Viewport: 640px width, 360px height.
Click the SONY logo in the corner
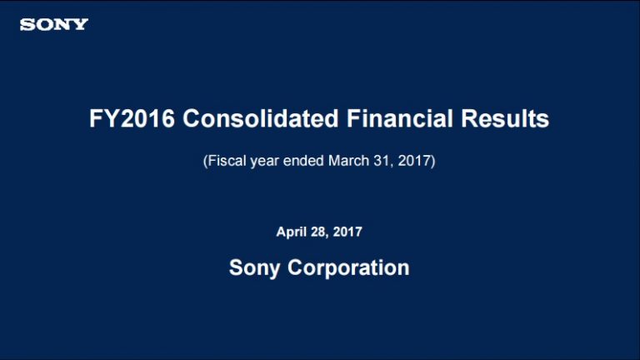click(x=54, y=24)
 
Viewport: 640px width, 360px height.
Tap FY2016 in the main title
click(x=132, y=119)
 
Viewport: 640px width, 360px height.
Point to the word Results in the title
click(x=508, y=119)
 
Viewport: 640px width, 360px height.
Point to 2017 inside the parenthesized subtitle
click(x=413, y=159)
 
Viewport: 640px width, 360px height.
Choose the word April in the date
click(x=292, y=232)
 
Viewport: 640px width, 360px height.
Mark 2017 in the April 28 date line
click(x=348, y=232)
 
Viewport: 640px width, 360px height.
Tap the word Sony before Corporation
click(x=256, y=268)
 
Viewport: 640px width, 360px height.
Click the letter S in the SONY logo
click(x=27, y=24)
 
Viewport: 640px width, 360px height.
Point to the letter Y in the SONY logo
click(x=80, y=24)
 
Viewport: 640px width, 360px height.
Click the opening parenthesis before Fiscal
click(x=205, y=159)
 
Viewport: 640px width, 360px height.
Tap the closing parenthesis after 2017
click(x=432, y=159)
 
